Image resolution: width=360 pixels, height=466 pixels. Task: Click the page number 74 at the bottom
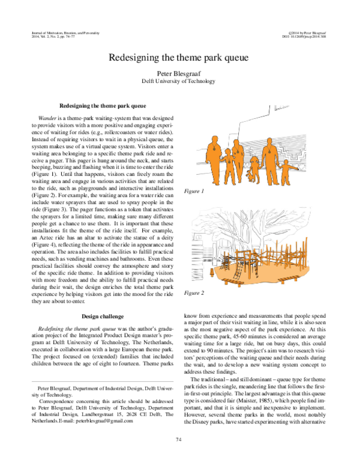coord(179,440)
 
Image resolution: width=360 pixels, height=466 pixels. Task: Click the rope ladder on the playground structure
coord(240,264)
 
